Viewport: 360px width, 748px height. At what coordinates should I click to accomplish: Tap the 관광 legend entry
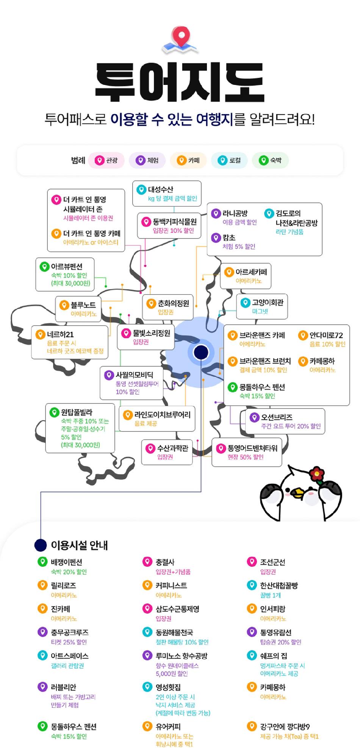(x=106, y=160)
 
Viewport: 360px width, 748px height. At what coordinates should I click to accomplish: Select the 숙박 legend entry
(x=270, y=160)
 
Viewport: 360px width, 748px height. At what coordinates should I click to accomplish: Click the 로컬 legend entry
(x=229, y=160)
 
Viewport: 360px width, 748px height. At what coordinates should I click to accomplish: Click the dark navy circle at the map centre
(x=201, y=352)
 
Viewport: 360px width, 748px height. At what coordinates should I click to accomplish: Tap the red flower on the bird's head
(x=316, y=473)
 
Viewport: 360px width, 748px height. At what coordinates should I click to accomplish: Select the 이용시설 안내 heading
(x=80, y=545)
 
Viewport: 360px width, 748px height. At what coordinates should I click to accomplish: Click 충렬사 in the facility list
(x=165, y=562)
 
